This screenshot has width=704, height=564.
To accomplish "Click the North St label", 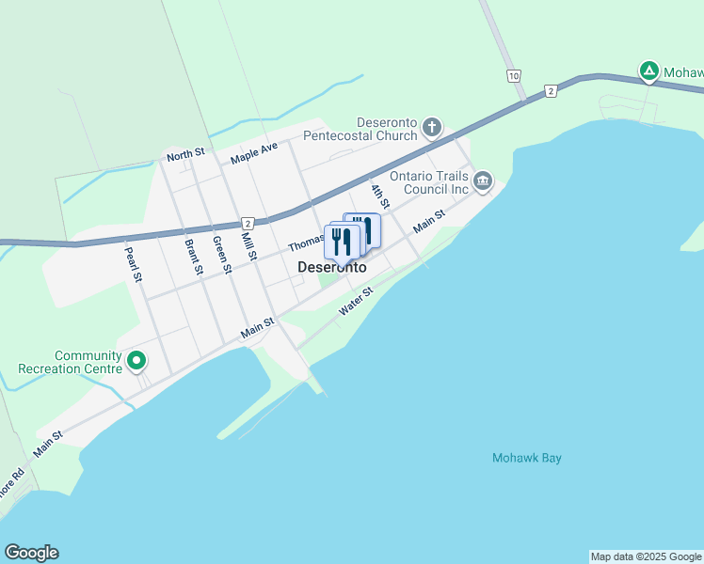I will [185, 156].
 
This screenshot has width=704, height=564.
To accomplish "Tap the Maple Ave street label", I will [254, 152].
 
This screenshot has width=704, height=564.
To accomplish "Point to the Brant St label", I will [194, 257].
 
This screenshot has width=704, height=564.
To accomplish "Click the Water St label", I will [357, 301].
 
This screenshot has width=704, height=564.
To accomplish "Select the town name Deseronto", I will [331, 267].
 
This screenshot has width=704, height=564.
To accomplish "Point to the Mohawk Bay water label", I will [526, 459].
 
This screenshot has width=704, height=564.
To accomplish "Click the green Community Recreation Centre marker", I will [136, 360].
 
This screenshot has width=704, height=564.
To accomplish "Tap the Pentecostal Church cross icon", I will [431, 127].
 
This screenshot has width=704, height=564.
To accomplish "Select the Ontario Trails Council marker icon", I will [483, 180].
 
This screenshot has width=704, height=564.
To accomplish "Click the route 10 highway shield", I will [513, 75].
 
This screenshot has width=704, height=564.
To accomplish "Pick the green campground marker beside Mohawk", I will [648, 70].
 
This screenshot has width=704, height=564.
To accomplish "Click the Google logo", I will [31, 553].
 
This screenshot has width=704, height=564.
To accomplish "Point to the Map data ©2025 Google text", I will [646, 556].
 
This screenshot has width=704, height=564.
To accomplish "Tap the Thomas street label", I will [306, 243].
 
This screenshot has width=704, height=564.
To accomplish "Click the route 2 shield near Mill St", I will [248, 223].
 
